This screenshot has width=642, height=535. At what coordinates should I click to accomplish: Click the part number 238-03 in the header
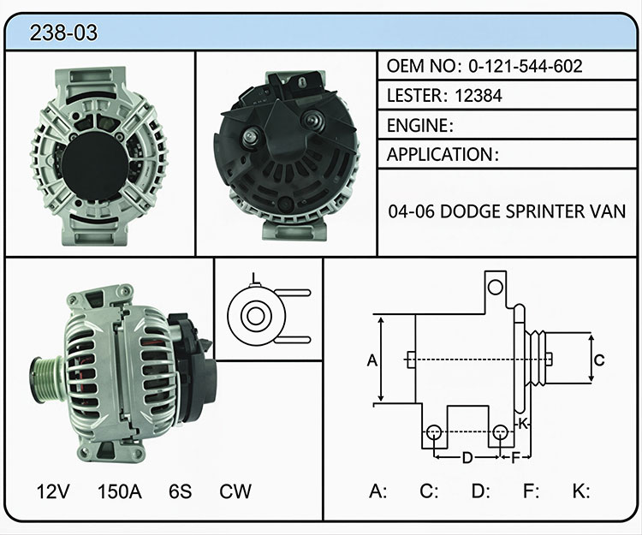pyautogui.click(x=63, y=33)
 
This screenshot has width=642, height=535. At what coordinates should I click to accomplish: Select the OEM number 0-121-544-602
pyautogui.click(x=526, y=66)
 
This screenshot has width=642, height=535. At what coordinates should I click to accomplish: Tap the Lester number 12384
pyautogui.click(x=479, y=96)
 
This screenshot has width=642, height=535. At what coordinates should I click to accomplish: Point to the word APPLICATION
pyautogui.click(x=440, y=155)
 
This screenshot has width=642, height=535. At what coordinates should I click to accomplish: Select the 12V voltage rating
pyautogui.click(x=53, y=491)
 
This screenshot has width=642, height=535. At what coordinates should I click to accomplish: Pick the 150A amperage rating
pyautogui.click(x=120, y=491)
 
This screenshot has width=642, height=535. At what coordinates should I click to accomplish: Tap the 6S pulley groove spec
pyautogui.click(x=180, y=491)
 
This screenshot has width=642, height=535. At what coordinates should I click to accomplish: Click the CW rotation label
pyautogui.click(x=235, y=491)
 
